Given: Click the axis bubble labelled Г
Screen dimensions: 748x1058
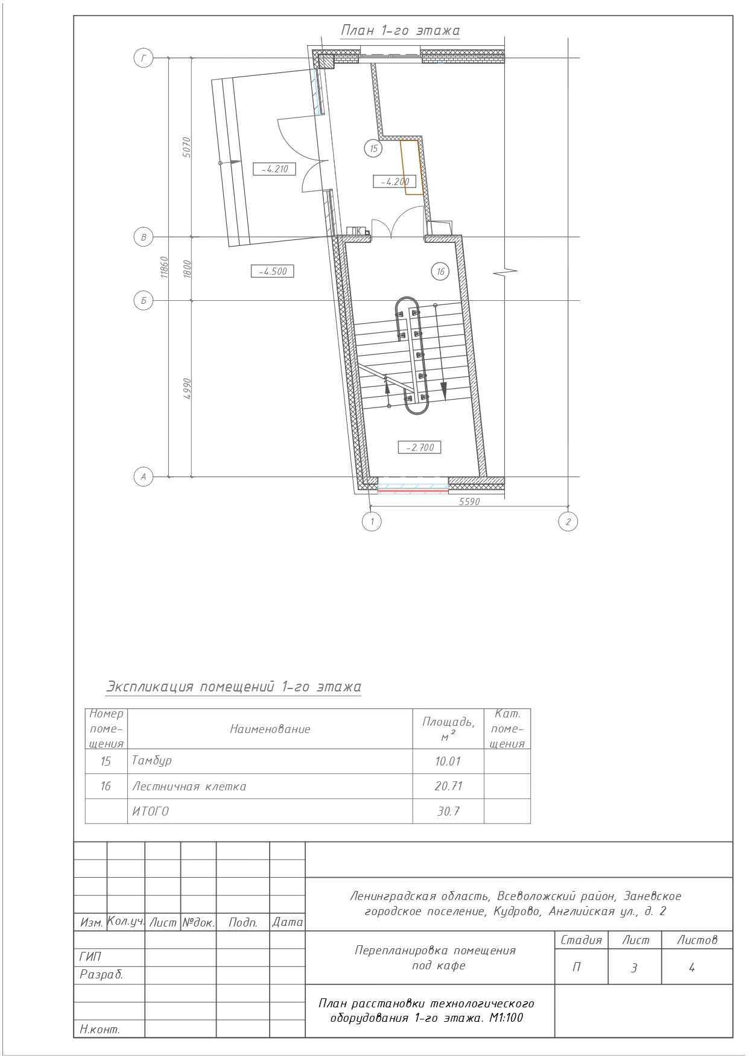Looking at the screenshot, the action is (x=143, y=58).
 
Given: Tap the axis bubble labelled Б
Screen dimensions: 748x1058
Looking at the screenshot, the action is (x=143, y=301).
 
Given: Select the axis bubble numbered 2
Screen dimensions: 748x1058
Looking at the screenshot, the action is (x=568, y=521).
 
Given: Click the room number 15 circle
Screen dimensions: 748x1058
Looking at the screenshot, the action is (x=374, y=148).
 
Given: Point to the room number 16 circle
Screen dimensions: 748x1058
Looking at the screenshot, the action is (x=440, y=272).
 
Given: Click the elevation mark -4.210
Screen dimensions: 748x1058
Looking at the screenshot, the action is (x=274, y=169).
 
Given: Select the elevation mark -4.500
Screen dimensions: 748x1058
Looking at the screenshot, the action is (x=273, y=271).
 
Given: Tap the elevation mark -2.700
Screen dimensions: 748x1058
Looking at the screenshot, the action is (x=420, y=447).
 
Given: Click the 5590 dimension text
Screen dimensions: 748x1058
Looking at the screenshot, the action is (x=469, y=502).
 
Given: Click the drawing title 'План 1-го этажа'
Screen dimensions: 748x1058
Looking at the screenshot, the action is (x=401, y=31).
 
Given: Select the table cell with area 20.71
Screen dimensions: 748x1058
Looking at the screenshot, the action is (x=448, y=786).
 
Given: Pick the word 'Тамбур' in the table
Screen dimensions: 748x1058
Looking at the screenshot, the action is (x=152, y=761).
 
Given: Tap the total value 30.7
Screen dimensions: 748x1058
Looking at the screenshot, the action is (x=448, y=811).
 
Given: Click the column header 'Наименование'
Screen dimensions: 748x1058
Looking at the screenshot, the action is (x=270, y=729).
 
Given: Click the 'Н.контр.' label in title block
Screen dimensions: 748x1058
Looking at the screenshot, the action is (x=100, y=1030).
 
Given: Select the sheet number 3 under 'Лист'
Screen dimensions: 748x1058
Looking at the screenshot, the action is (x=634, y=968).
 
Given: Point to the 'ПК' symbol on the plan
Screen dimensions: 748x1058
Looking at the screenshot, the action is (x=357, y=231).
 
